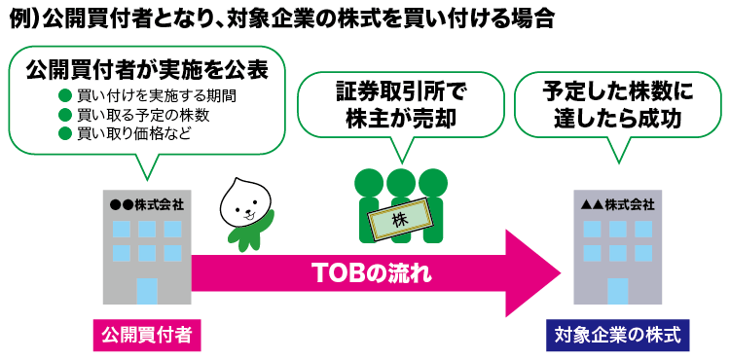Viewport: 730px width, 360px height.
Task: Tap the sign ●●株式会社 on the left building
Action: coord(148,205)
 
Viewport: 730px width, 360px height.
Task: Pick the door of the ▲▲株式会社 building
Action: coord(617,291)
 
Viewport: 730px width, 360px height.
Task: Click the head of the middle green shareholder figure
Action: coord(400,182)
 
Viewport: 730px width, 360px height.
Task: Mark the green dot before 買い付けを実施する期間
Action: coord(65,96)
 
